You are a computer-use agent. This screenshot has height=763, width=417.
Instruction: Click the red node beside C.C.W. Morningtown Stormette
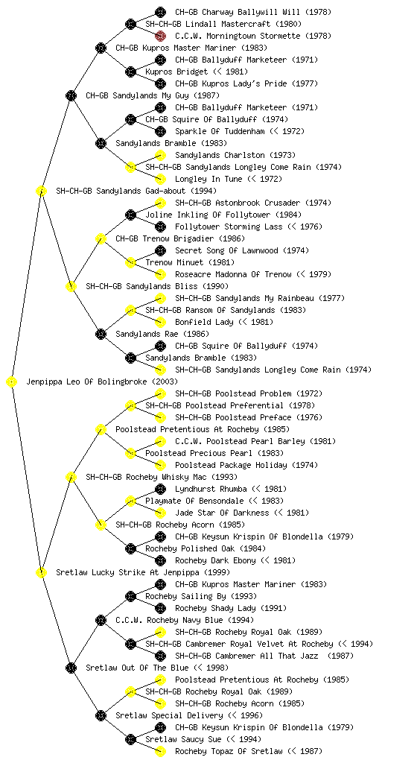(160, 36)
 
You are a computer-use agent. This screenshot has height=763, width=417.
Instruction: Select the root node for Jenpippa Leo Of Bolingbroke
(12, 382)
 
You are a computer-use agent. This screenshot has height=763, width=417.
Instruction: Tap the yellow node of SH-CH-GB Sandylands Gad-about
(41, 191)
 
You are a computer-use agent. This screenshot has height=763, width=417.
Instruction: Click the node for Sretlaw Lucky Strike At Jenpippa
(41, 573)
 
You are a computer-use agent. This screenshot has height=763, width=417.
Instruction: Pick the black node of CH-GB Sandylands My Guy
(71, 96)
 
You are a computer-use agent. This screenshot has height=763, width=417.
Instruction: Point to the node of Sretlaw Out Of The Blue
(71, 668)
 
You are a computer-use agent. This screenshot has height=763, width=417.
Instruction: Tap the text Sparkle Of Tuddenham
(220, 131)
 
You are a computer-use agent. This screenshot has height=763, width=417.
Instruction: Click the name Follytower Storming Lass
(229, 227)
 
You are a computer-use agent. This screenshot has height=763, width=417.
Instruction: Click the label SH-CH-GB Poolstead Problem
(233, 393)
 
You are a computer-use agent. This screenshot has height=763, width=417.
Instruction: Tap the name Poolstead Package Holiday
(232, 465)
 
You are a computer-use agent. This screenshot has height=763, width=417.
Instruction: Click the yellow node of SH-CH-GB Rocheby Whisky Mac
(71, 478)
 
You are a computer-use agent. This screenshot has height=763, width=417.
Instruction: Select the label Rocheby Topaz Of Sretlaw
(229, 751)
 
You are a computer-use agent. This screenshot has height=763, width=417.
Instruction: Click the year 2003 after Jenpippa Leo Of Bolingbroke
(165, 382)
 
